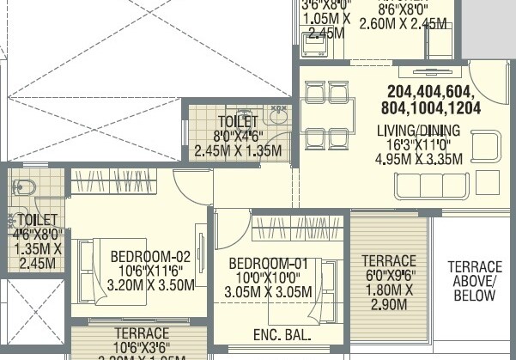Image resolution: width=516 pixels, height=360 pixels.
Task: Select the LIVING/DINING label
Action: (418, 131)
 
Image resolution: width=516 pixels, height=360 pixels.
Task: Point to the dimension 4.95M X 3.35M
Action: (419, 158)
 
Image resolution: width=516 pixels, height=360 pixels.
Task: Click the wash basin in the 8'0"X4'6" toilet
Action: (276, 120)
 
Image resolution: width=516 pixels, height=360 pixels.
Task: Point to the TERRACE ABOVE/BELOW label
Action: (474, 281)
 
